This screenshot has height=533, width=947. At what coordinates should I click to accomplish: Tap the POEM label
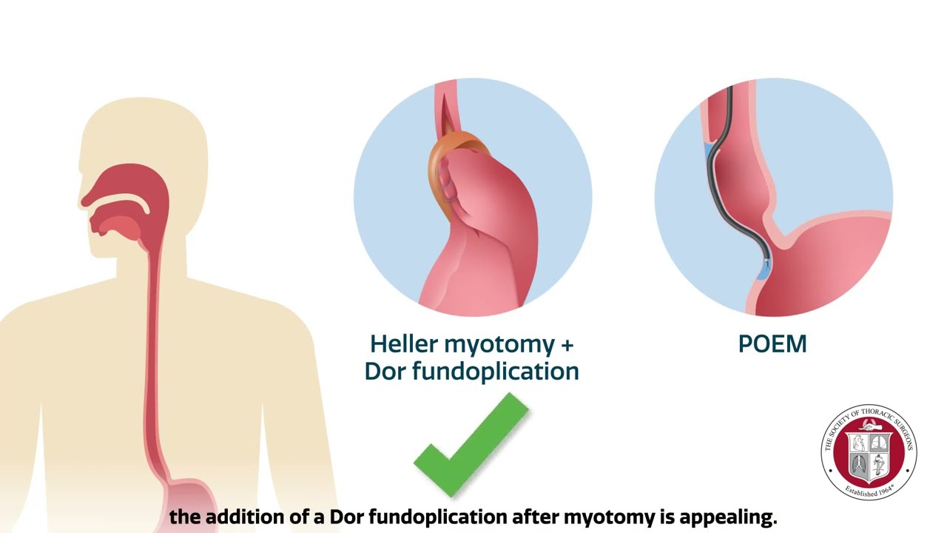pos(772,344)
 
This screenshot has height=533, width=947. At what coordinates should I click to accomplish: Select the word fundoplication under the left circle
pos(496,371)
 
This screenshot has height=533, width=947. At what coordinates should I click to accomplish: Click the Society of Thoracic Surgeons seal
pos(869,452)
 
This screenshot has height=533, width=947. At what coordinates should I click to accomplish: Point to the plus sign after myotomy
pos(567,345)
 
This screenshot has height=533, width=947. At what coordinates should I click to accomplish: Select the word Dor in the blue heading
pos(385,371)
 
